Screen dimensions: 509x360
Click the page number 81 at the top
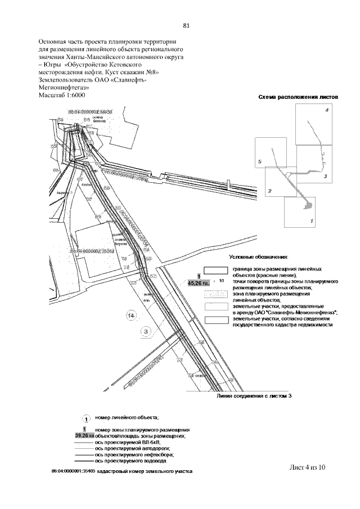186,25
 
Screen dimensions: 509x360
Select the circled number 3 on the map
146,332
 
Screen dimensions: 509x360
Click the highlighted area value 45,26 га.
198,283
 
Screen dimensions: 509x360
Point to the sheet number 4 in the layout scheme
326,111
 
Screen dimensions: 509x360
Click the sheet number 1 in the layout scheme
312,221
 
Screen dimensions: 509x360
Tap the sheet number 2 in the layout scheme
270,191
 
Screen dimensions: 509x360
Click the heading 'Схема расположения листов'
298,97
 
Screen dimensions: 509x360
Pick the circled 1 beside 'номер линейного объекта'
84,419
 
